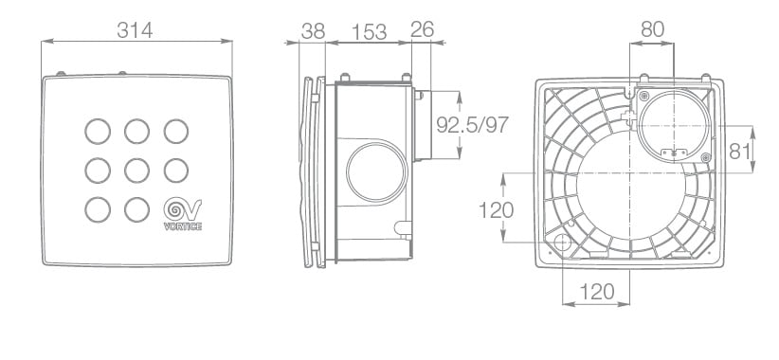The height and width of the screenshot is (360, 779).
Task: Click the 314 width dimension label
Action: coord(135,30)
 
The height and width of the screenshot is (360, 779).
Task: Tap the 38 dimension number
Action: coord(313,31)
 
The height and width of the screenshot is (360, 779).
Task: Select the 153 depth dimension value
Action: coord(370,32)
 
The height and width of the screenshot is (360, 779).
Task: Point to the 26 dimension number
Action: coord(423,29)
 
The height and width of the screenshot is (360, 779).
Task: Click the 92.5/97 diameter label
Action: coord(473,125)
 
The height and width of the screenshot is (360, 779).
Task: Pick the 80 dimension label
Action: coord(652,29)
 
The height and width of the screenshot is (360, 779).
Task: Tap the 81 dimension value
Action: coord(740,151)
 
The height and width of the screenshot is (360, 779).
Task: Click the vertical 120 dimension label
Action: coord(496,210)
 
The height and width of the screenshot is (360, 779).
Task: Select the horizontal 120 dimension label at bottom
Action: coord(597,292)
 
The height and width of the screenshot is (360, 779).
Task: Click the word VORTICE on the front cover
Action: coord(183,227)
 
